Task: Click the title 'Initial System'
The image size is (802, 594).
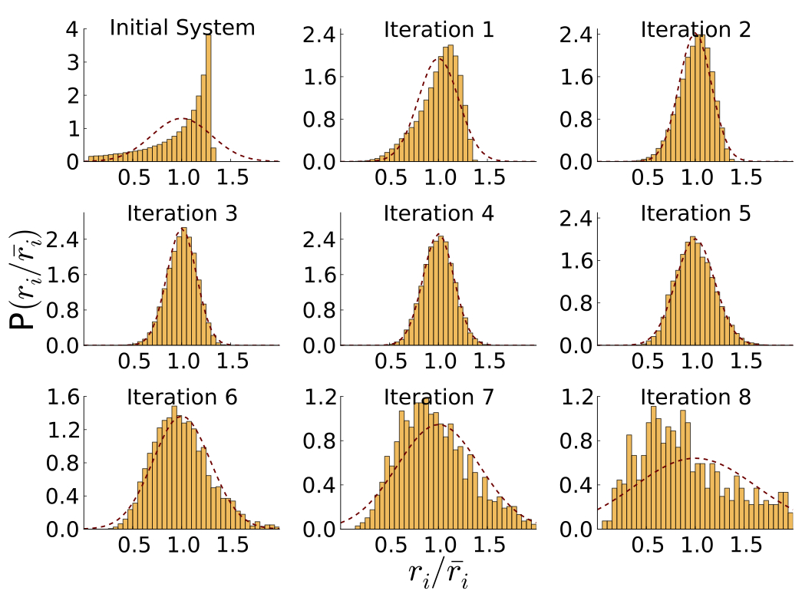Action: pyautogui.click(x=182, y=28)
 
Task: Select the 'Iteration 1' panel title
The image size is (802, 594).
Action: pyautogui.click(x=438, y=30)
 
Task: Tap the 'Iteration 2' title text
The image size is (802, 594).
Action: pyautogui.click(x=695, y=30)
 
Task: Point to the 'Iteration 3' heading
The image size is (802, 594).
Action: pyautogui.click(x=182, y=213)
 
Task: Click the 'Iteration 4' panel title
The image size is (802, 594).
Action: pyautogui.click(x=438, y=213)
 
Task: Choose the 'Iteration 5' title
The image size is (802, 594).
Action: pyautogui.click(x=695, y=213)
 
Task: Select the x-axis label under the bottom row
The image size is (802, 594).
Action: pyautogui.click(x=437, y=573)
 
